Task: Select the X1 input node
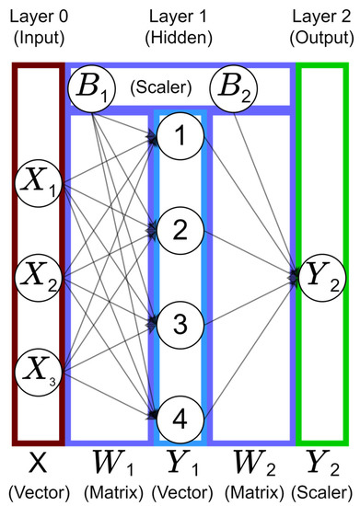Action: click(x=37, y=191)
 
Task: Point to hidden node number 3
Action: click(x=180, y=324)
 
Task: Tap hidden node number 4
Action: click(x=180, y=420)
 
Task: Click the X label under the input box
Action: click(x=37, y=462)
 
